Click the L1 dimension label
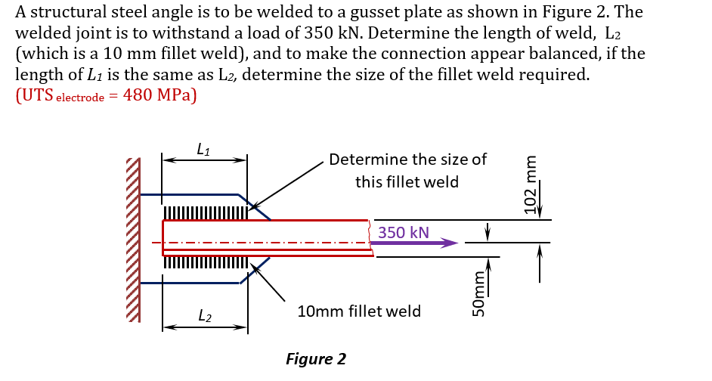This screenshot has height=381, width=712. click(x=203, y=150)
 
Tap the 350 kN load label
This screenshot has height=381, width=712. click(x=404, y=232)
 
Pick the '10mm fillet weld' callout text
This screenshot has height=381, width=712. click(x=359, y=311)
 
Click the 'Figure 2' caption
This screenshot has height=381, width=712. click(x=316, y=358)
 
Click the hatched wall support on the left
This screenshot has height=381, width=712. click(x=133, y=238)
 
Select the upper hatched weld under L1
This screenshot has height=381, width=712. click(x=205, y=212)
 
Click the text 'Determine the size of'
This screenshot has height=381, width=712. click(x=407, y=160)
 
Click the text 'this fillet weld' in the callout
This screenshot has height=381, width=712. click(x=407, y=182)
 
